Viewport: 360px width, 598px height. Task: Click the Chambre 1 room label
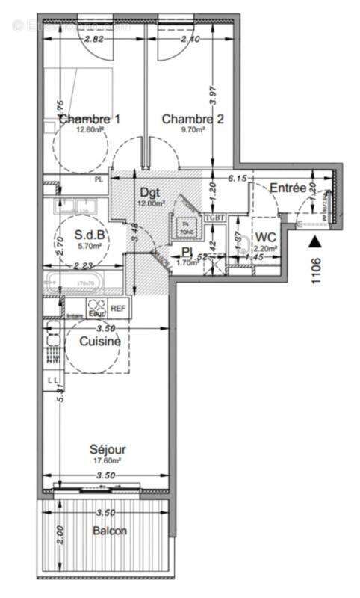[90, 118]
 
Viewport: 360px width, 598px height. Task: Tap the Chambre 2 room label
[193, 118]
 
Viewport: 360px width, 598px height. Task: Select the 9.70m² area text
[193, 129]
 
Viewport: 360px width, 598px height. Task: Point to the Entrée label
[287, 187]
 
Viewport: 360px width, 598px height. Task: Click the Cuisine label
[100, 341]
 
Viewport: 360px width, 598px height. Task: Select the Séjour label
[108, 450]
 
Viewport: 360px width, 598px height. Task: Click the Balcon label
[110, 531]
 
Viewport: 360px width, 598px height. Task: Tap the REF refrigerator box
[118, 307]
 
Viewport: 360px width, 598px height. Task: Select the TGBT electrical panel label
[214, 217]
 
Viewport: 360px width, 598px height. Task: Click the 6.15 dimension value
[238, 178]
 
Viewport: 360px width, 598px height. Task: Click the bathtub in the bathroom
[75, 283]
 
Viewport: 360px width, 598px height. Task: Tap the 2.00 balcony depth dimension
[60, 535]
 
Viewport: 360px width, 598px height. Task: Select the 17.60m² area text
[108, 461]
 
